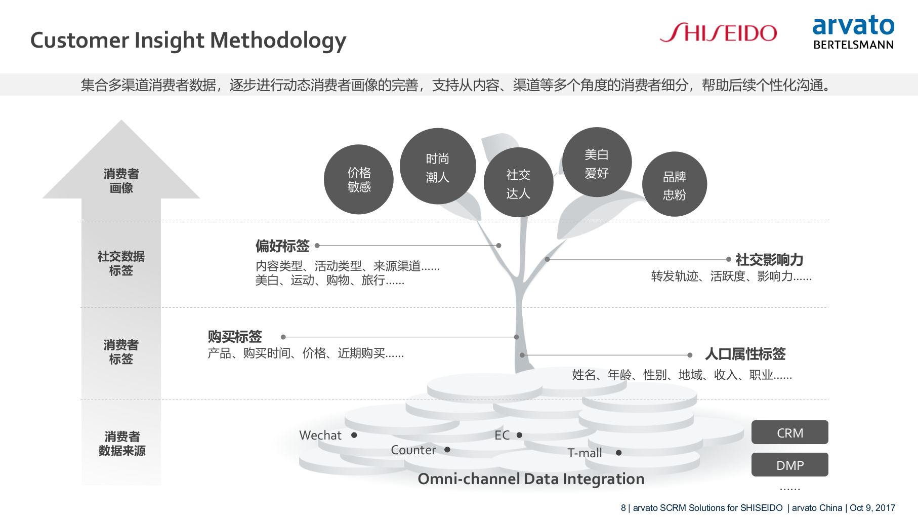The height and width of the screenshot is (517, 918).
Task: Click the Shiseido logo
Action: click(x=718, y=33)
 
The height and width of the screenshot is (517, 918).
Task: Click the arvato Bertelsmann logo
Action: click(x=853, y=32)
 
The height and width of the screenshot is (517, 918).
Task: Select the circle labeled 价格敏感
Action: click(x=359, y=180)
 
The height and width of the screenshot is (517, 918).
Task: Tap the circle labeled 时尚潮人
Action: click(x=438, y=167)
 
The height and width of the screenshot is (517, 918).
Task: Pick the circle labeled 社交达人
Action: click(x=518, y=183)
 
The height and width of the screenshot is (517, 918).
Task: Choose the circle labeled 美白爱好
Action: click(x=597, y=163)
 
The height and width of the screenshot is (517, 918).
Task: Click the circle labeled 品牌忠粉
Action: click(x=675, y=184)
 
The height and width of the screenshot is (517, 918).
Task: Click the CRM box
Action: click(x=789, y=432)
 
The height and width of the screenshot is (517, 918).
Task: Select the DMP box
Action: click(x=789, y=465)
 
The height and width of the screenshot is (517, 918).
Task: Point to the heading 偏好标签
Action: click(x=282, y=246)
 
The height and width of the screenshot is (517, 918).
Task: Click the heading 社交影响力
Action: click(x=769, y=260)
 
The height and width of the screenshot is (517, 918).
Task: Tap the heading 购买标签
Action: click(x=235, y=337)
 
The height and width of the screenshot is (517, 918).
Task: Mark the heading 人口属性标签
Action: click(x=745, y=354)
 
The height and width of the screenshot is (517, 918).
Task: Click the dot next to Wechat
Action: click(x=354, y=435)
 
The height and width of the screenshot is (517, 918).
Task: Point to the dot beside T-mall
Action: click(x=618, y=453)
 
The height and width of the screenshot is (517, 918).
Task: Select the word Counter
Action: click(x=413, y=450)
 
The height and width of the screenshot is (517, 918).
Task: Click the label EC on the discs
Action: click(x=502, y=435)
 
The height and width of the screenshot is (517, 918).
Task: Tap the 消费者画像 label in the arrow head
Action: click(x=121, y=181)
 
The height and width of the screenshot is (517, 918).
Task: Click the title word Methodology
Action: click(x=278, y=41)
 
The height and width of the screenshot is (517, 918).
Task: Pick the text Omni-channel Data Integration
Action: click(x=531, y=479)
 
